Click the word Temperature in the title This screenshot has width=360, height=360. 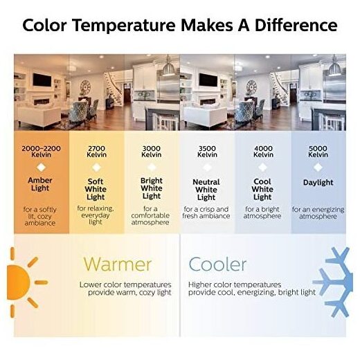pos(124,26)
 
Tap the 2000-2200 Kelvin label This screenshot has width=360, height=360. pos(41,152)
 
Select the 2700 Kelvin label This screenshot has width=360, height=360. pos(96,152)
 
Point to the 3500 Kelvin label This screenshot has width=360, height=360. pos(207,152)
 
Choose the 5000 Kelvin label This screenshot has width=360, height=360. pos(318,152)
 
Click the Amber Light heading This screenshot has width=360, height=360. pos(40,184)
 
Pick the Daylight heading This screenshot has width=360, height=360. pos(318,183)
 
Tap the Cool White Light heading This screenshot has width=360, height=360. pos(262,189)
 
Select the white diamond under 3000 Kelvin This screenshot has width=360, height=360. pos(152,168)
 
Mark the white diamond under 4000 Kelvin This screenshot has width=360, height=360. pos(262,168)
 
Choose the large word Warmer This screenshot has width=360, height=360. pos(118,264)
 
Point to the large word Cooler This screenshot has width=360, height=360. pos(217,264)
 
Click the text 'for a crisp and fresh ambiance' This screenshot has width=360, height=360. pos(206,213)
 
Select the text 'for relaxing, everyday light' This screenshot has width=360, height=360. pos(96,215)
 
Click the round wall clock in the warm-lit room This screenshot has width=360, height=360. pos(85,87)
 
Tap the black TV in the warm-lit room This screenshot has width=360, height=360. pos(42,80)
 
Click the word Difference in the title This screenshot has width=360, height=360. pos(296,26)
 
